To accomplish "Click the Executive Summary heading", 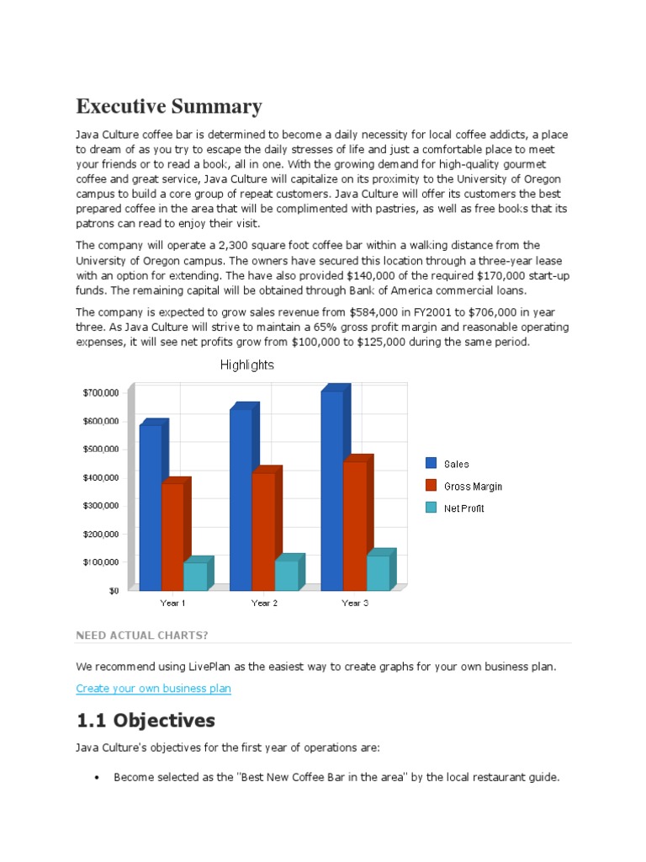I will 169,107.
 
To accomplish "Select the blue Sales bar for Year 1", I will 151,505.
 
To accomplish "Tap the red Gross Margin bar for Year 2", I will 262,530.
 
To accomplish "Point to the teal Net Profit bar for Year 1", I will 195,576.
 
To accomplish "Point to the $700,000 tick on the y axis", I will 100,392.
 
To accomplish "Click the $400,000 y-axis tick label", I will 100,477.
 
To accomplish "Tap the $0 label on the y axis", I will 112,590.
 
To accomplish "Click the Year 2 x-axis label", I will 264,603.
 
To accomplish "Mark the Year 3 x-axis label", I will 355,603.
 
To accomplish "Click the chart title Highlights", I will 246,365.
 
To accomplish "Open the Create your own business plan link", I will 153,689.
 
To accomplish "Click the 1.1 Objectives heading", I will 146,721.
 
